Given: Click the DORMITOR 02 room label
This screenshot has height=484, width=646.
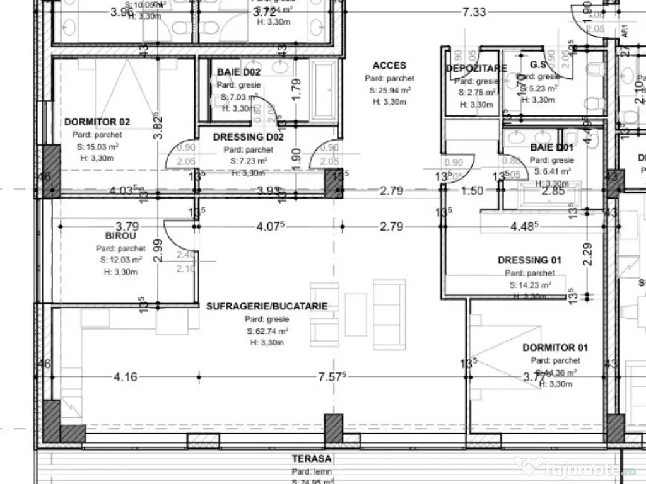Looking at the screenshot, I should coord(97,122).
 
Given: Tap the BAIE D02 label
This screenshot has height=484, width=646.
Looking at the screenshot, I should coord(238,72).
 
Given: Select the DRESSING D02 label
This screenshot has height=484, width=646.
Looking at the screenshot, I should coord(248,137).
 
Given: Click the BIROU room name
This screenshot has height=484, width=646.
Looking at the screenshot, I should coord(121,236).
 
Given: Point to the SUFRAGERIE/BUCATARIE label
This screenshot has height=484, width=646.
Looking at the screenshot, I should coord(267,306).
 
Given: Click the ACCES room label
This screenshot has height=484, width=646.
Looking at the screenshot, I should coord(389,66).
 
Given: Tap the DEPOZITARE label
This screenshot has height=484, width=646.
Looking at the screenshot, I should coord(476,68).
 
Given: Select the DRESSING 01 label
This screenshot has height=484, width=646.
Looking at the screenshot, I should coord(529,260).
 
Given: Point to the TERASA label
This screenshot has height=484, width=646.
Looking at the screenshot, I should coord(312,459).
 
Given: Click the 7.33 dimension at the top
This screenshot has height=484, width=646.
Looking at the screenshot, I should coord(474,11).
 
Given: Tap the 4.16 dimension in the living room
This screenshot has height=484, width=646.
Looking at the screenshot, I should coord(126,377).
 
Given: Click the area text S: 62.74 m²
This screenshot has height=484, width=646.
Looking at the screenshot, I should coord(267,331).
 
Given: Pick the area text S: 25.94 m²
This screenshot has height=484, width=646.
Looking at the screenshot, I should coord(390,90).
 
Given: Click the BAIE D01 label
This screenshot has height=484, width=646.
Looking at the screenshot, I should coord(551,147).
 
